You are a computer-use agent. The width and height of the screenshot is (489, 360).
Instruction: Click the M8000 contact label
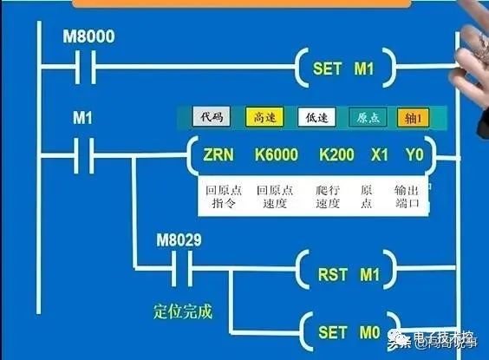tap(89, 37)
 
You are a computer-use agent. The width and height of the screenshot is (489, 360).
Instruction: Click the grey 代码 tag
tap(212, 117)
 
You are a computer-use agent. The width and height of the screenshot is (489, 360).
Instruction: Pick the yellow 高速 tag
tap(260, 117)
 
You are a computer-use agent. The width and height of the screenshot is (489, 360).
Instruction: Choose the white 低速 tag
tap(313, 117)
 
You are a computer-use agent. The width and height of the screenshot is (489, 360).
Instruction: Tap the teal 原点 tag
tap(367, 117)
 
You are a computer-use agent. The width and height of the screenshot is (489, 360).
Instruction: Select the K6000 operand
tap(276, 157)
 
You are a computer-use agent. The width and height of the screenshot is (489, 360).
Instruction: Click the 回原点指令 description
tap(221, 197)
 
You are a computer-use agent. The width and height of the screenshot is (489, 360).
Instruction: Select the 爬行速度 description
tap(327, 197)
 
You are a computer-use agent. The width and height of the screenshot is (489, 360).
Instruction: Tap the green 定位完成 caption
tap(182, 310)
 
